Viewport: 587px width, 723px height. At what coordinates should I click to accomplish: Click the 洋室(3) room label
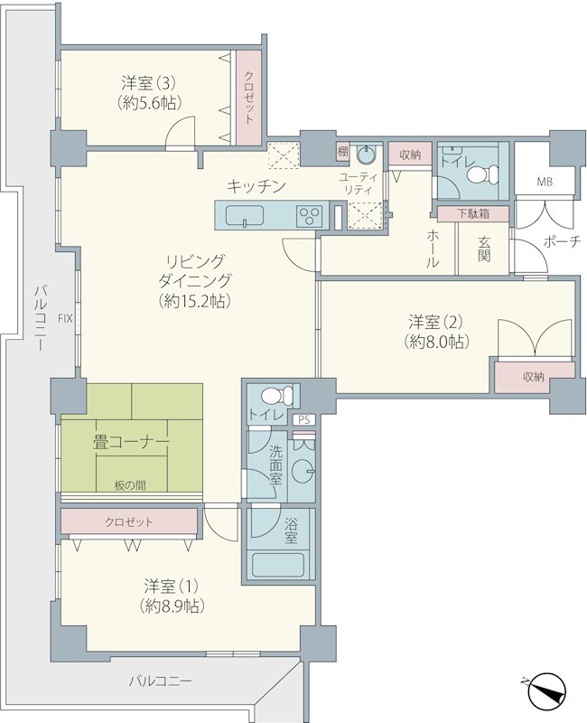tap(148, 84)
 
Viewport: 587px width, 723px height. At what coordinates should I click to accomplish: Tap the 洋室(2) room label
tap(435, 322)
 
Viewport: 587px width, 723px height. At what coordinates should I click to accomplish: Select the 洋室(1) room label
tap(171, 587)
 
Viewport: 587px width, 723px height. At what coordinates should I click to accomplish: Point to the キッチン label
tap(256, 186)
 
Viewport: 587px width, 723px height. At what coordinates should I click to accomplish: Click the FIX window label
tap(65, 318)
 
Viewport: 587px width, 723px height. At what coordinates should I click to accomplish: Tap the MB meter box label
tap(545, 182)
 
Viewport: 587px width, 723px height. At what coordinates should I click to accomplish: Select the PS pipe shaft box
tap(304, 419)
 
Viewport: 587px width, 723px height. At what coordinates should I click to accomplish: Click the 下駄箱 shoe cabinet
tap(473, 213)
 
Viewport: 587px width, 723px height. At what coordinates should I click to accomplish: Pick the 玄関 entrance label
tap(483, 249)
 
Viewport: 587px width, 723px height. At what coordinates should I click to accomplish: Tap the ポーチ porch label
tap(561, 241)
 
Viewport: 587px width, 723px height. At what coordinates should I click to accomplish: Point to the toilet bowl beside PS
tap(276, 396)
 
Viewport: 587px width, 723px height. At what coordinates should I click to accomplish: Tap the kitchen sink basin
tap(245, 215)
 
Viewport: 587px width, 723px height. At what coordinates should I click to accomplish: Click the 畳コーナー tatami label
tap(131, 443)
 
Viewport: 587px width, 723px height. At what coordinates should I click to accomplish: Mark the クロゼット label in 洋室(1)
tap(129, 522)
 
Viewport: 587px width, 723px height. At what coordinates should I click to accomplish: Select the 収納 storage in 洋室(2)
tap(535, 377)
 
